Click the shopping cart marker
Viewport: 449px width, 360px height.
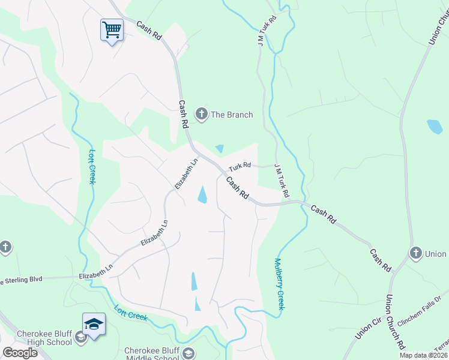(112, 29)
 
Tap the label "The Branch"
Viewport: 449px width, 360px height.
(232, 115)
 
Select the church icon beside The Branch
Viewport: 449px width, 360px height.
(202, 114)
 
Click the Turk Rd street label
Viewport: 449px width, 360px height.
(239, 161)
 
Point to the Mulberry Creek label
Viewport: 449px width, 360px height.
(279, 284)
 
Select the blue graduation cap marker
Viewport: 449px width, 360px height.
(94, 325)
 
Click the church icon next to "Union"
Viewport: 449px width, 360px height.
(415, 253)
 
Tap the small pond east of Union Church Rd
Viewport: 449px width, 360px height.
(435, 127)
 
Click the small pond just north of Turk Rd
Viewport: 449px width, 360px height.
(220, 148)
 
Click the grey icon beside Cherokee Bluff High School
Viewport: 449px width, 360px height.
(80, 338)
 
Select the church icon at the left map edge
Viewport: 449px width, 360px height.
(5, 247)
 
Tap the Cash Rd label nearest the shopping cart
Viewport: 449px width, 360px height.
(149, 31)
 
